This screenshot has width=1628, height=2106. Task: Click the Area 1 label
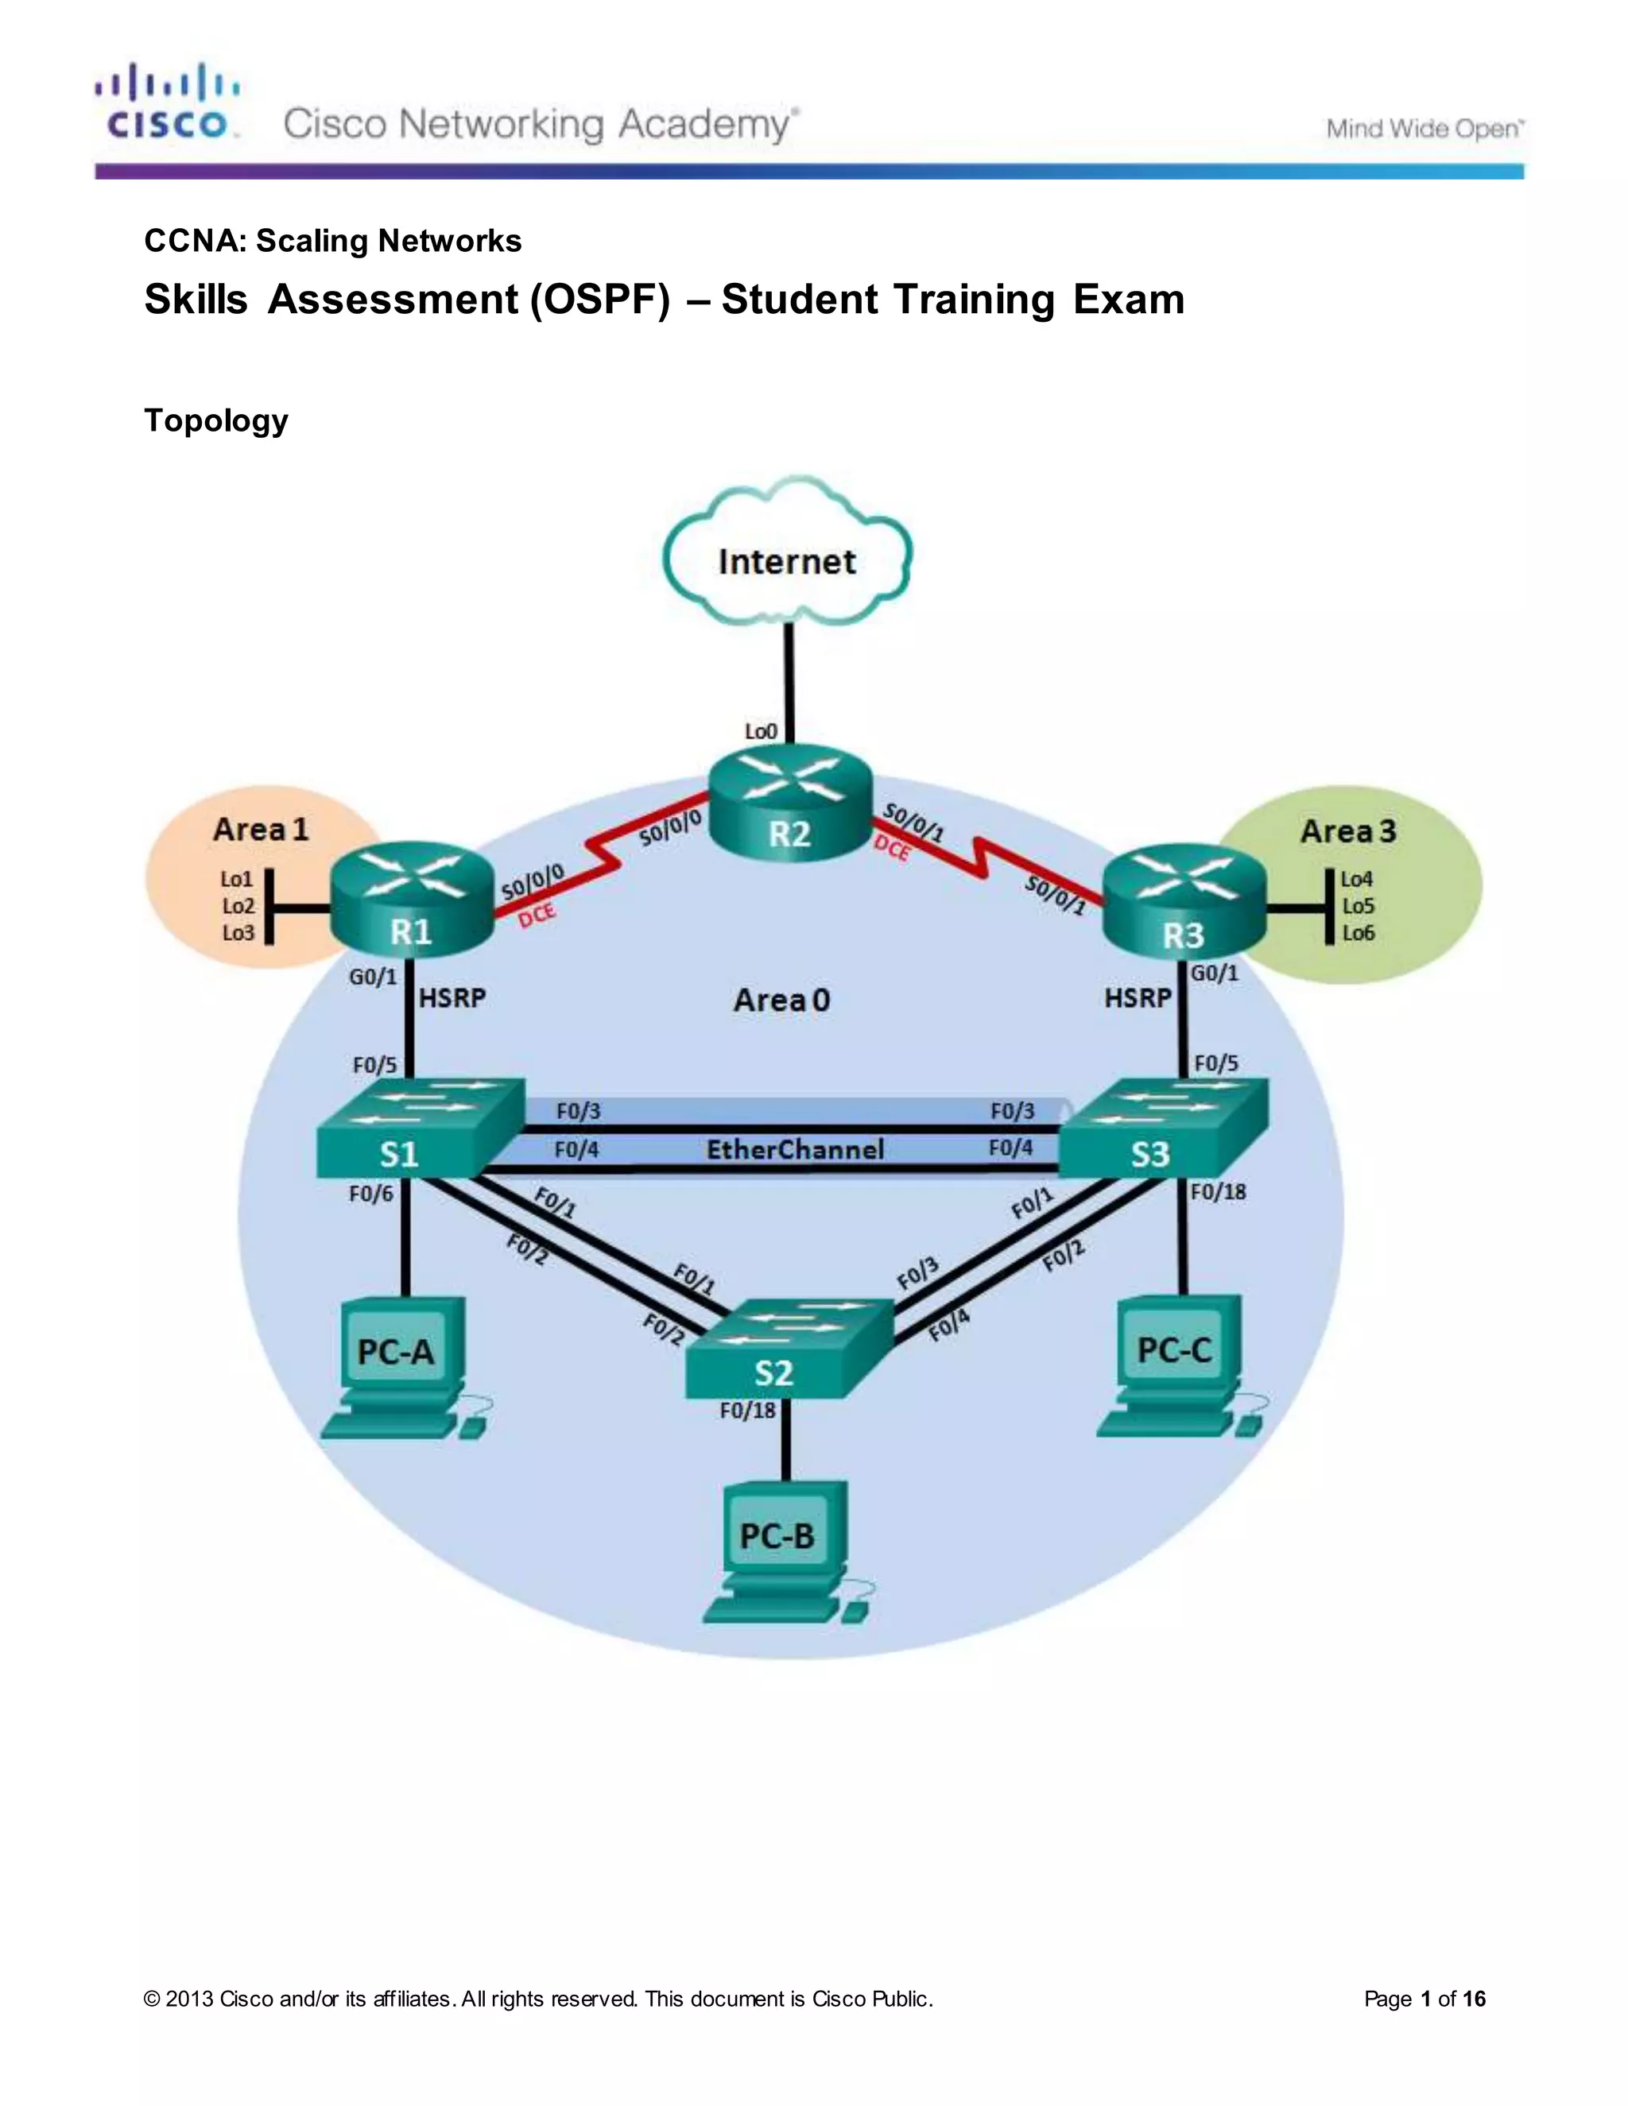pyautogui.click(x=261, y=829)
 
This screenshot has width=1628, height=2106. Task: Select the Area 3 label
pyautogui.click(x=1348, y=831)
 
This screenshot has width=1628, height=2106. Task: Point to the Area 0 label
pyautogui.click(x=781, y=1000)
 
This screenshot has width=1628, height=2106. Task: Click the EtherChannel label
pyautogui.click(x=795, y=1149)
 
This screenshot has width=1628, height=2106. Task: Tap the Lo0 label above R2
pyautogui.click(x=760, y=731)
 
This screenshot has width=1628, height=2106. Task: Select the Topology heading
pyautogui.click(x=216, y=420)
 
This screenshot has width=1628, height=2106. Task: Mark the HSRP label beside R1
pyautogui.click(x=452, y=997)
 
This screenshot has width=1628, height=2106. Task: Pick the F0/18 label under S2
pyautogui.click(x=747, y=1411)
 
